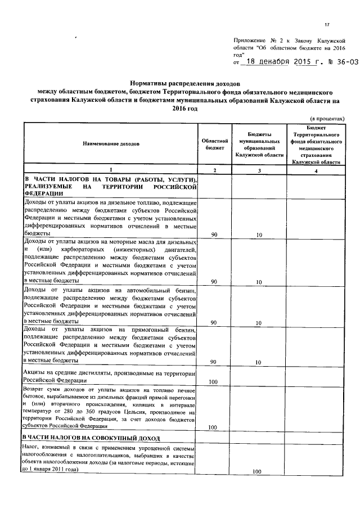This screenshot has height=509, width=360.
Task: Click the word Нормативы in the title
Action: point(153,82)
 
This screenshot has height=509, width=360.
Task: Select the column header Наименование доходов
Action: point(110,144)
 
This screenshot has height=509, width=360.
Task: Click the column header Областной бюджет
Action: point(214,144)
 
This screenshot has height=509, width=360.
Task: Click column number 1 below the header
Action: point(110,169)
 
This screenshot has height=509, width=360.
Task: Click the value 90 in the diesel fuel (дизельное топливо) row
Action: point(214,235)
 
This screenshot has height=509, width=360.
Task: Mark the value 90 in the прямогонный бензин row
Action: point(214,362)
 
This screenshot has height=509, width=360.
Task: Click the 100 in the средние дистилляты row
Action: point(213,382)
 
